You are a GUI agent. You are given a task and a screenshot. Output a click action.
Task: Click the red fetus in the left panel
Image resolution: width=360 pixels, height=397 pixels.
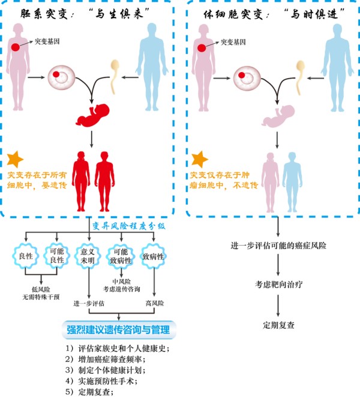point(92,115)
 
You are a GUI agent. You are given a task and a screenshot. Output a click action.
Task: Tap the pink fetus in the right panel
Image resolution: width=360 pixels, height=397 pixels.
point(278,116)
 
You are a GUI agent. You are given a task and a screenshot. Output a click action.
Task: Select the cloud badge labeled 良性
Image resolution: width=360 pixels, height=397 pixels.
point(26,256)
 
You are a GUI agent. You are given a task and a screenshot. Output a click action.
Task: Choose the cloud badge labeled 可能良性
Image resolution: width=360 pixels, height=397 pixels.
point(56,255)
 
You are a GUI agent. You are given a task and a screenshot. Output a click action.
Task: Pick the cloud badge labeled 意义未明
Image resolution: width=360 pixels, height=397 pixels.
point(88,256)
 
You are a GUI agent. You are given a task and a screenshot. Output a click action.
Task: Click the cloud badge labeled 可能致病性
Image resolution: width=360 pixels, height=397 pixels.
point(121,256)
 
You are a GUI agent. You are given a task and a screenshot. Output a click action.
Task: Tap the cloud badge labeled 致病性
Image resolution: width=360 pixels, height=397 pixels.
point(153,256)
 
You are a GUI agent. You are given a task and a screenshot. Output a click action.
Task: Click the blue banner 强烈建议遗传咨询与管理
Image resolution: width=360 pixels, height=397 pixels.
point(119,330)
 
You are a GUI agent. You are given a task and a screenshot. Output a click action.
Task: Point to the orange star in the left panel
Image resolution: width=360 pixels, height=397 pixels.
point(15,159)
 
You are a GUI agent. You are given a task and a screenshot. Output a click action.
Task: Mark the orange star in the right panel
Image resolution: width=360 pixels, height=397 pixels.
point(200,159)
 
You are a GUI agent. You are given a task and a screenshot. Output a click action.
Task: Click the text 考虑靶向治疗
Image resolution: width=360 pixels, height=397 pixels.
point(278,285)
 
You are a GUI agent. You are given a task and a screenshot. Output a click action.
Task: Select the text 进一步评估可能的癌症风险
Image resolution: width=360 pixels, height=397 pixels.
point(278,246)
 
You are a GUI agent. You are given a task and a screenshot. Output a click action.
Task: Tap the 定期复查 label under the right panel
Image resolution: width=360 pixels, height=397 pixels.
point(278,325)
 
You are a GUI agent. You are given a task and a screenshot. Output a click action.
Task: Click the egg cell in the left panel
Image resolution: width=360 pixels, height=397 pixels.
point(61,77)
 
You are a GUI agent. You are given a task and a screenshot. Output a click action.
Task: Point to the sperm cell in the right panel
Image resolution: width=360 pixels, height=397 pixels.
point(300,77)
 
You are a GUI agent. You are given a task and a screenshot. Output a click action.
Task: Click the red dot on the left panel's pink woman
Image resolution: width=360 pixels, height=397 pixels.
point(16,47)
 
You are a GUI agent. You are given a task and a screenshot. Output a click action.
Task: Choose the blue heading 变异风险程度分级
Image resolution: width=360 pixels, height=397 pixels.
point(128,226)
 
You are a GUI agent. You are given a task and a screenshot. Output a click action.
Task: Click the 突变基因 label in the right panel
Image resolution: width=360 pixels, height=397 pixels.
point(233,42)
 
